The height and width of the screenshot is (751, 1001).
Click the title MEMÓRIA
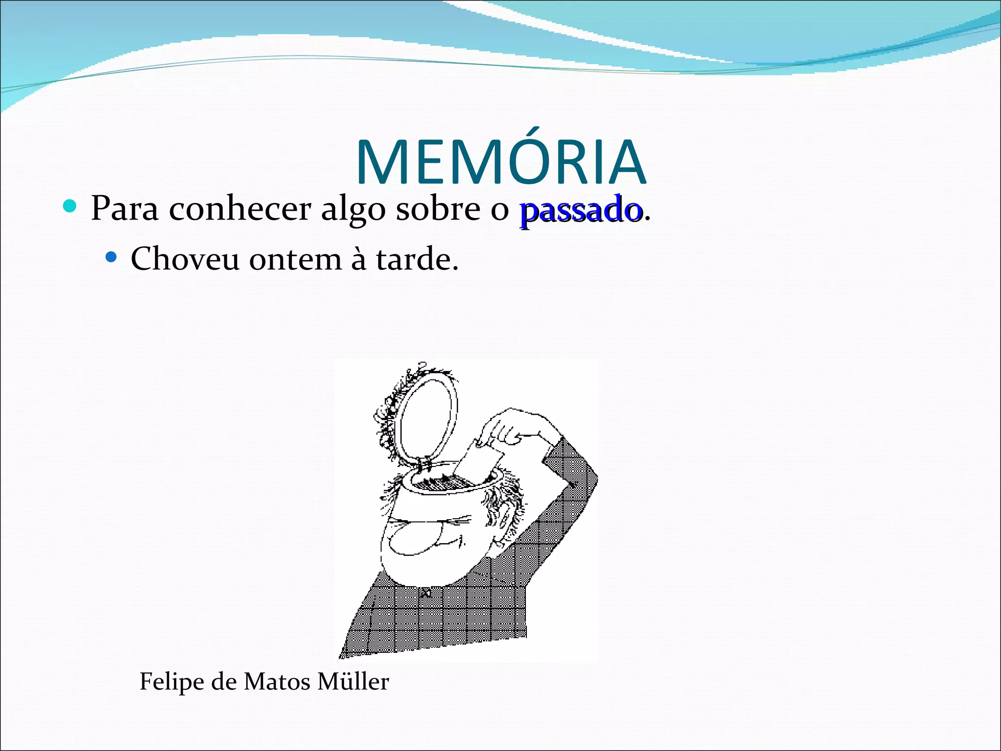coord(501,162)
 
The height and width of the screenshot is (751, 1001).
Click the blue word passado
coord(581,210)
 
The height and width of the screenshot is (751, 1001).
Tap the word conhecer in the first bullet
coord(240,209)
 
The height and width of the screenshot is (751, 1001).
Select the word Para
coord(125,209)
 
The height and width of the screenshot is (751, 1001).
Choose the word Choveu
coord(185,259)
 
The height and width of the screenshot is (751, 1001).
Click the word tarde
coord(416,259)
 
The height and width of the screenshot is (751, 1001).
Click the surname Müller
coord(352,682)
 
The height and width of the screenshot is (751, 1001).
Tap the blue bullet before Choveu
coord(111,257)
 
